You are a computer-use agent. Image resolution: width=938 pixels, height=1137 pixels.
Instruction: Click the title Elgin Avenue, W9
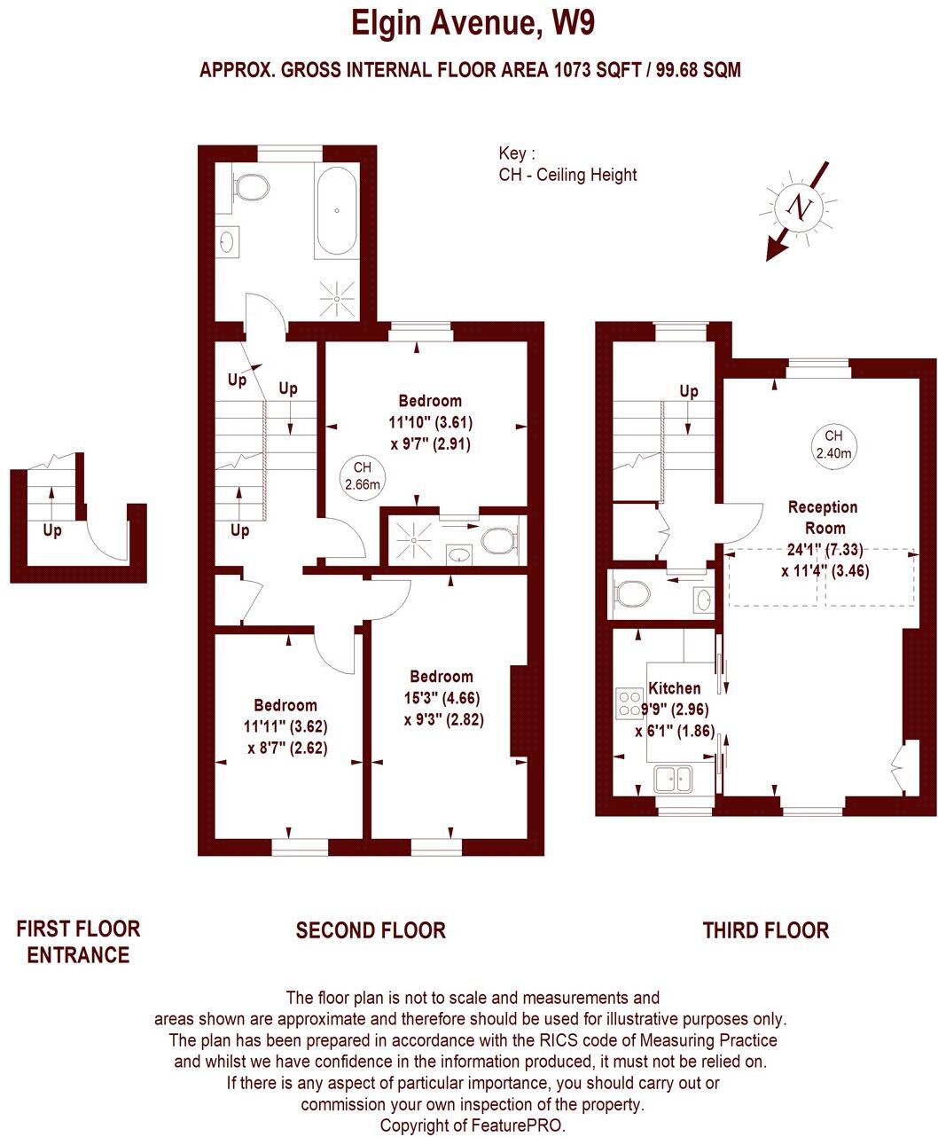point(473,23)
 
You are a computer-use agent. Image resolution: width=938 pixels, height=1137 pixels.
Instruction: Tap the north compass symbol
point(801,208)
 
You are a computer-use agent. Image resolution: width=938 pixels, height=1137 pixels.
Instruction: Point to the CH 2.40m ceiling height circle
point(832,444)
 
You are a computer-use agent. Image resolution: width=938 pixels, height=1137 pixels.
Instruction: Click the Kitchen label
point(675,687)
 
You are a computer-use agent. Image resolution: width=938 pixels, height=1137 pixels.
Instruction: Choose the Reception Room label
point(823,517)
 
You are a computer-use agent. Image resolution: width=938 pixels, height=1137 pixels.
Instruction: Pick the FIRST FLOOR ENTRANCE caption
point(78,942)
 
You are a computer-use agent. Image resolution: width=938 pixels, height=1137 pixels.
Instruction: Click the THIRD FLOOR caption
point(765,930)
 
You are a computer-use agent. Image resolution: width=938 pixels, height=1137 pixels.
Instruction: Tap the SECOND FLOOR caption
point(371,930)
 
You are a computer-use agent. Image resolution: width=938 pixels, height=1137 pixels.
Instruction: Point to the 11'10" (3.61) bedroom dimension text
point(430,422)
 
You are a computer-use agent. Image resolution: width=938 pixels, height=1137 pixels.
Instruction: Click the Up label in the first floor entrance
point(52,530)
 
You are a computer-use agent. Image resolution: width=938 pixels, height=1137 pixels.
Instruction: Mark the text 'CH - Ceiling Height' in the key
point(567,175)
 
